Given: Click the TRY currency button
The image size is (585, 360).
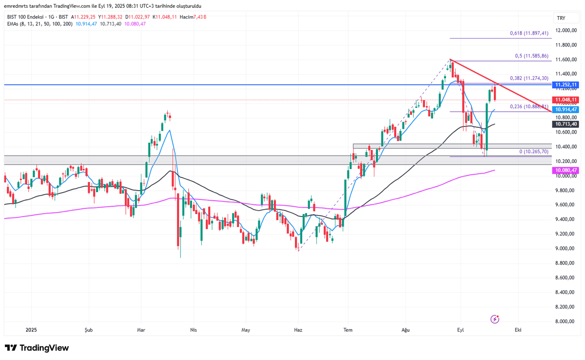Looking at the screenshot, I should click(561, 18).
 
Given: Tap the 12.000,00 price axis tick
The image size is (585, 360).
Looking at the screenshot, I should click(565, 30).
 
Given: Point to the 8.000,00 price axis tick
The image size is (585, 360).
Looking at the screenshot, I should click(565, 321).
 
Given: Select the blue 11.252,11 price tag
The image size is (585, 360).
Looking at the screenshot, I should click(565, 85).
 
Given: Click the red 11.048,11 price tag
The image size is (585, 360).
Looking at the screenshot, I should click(565, 100).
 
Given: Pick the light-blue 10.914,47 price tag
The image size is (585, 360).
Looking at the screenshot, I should click(565, 109).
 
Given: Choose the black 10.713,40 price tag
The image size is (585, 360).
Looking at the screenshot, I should click(565, 124).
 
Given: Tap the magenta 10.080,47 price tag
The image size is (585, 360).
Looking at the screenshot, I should click(565, 170).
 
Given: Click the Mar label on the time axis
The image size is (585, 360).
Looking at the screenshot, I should click(141, 330).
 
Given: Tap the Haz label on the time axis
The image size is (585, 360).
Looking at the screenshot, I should click(298, 330).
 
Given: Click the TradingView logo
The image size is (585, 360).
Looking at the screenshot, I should click(37, 348).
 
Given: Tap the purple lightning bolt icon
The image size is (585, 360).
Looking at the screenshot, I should click(495, 319).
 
